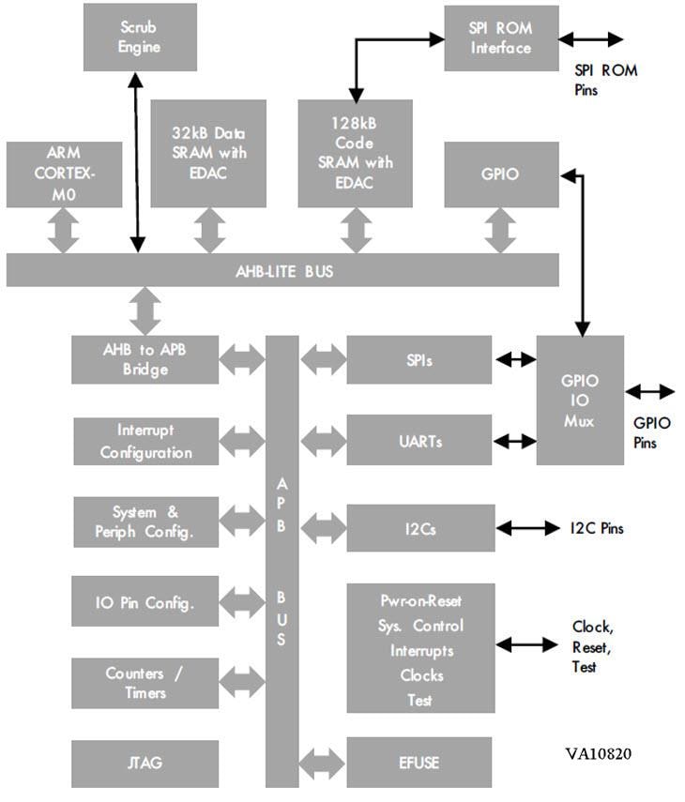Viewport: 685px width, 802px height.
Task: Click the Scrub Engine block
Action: tap(141, 37)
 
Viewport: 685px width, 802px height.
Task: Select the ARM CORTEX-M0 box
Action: tap(64, 174)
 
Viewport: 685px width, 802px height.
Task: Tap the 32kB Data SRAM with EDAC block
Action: tap(208, 154)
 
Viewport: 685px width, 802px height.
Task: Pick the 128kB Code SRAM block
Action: tap(355, 154)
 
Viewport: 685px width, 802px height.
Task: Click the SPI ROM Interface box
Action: tap(501, 38)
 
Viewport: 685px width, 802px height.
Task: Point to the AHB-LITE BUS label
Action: tap(283, 271)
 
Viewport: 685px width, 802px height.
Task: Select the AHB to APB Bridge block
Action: tap(145, 358)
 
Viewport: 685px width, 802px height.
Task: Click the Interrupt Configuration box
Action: tap(145, 441)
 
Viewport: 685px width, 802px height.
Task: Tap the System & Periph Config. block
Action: tap(145, 522)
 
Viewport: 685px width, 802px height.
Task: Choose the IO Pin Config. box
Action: tap(145, 602)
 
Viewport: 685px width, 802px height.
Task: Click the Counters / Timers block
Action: tap(145, 683)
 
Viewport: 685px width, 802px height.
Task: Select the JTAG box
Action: tap(145, 763)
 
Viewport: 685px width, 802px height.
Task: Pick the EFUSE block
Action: tap(419, 763)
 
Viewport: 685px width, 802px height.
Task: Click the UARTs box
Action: tap(419, 441)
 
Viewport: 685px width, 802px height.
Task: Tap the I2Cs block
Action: tap(419, 528)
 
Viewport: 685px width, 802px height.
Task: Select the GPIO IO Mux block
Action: tap(580, 400)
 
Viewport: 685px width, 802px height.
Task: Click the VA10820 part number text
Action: tap(603, 753)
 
